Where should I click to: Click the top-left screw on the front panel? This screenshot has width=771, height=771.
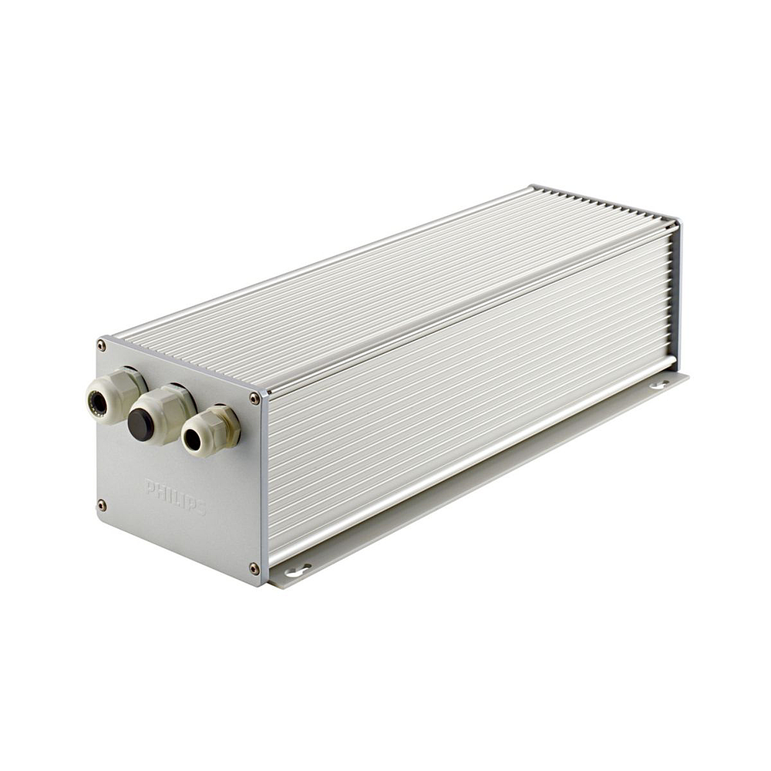tap(102, 345)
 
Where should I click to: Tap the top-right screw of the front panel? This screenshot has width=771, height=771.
tap(254, 398)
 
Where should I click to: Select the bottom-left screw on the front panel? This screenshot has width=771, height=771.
tap(102, 505)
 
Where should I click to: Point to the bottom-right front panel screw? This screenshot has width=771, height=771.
tap(254, 568)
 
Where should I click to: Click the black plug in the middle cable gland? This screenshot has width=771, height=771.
tap(140, 425)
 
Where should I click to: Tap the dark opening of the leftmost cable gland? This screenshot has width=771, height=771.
tap(97, 402)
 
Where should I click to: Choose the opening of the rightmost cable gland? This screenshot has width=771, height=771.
tap(192, 440)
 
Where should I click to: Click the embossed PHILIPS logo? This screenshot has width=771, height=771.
tap(175, 497)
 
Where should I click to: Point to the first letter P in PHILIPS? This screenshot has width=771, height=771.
tap(150, 487)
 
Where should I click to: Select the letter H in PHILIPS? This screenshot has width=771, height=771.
tap(159, 490)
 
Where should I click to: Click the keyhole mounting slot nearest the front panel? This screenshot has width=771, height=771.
tap(297, 571)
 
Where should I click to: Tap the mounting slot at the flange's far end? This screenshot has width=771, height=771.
tap(659, 382)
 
